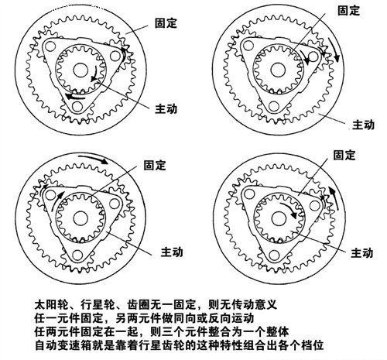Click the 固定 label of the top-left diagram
click(166, 23)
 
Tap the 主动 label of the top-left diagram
click(166, 108)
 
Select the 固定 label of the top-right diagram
click(349, 10)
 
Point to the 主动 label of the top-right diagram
click(363, 125)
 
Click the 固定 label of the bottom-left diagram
click(155, 165)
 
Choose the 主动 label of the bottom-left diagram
click(172, 252)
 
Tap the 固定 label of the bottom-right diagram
click(344, 155)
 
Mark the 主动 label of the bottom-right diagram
click(362, 252)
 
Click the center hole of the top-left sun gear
click(80, 70)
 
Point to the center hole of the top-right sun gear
click(278, 70)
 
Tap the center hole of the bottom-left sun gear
click(80, 218)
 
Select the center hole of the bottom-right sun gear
click(279, 219)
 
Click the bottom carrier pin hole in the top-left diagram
click(77, 107)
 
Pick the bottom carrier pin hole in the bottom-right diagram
click(274, 255)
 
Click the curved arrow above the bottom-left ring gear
click(94, 159)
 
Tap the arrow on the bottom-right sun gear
click(289, 210)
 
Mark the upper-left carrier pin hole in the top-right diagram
click(248, 46)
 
